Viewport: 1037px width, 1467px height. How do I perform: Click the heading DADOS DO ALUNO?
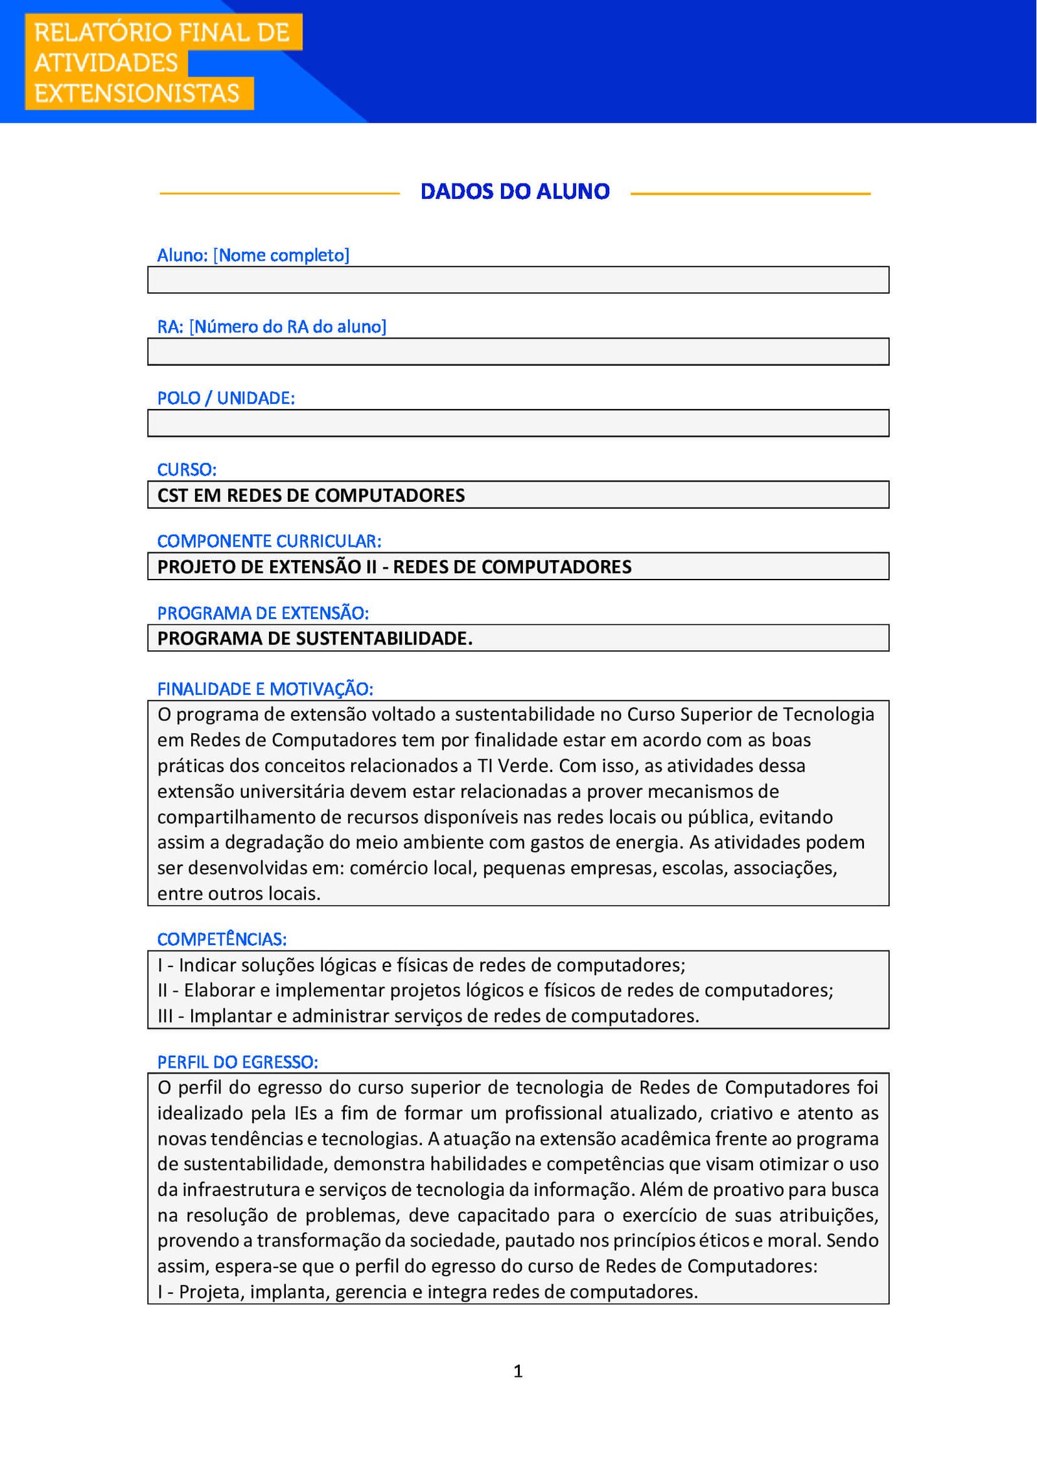(x=515, y=191)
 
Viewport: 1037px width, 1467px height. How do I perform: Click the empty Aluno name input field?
(x=518, y=280)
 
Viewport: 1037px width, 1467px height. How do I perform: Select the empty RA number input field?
(x=518, y=351)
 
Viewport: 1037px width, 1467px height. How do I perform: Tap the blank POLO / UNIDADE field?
(x=518, y=423)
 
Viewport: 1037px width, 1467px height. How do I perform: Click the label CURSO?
(x=187, y=469)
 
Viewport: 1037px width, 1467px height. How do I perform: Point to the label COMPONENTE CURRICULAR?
(x=269, y=541)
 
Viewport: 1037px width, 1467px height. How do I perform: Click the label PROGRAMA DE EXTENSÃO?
(x=262, y=613)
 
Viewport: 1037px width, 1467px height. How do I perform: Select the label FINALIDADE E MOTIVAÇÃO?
(x=265, y=688)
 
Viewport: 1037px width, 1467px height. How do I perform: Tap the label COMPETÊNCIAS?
(x=222, y=939)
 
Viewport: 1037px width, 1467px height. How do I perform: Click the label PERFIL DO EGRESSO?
(x=237, y=1062)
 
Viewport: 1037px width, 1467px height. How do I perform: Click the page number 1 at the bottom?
(x=518, y=1371)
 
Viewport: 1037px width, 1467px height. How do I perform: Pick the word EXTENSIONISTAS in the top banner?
(x=137, y=93)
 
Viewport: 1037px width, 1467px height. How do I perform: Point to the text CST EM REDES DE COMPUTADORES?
(x=311, y=495)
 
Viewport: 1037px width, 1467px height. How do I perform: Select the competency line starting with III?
(x=428, y=1016)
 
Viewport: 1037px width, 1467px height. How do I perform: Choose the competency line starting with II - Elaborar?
(x=495, y=990)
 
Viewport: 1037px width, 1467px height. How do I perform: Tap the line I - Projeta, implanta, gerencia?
(x=427, y=1292)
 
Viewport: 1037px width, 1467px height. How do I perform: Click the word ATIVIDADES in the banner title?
(x=106, y=63)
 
